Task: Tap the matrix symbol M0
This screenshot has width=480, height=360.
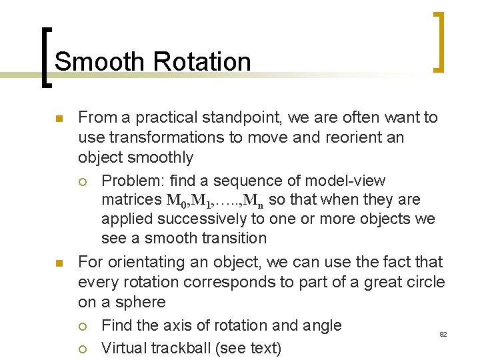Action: click(x=173, y=200)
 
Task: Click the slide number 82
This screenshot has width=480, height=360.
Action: click(x=443, y=334)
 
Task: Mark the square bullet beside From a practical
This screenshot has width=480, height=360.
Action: click(x=59, y=119)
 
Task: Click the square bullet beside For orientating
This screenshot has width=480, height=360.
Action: click(x=59, y=263)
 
